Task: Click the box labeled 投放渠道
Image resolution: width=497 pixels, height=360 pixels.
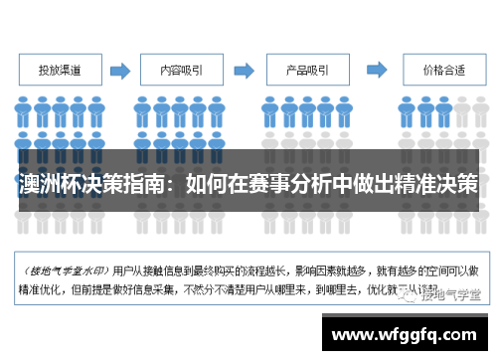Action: (x=61, y=71)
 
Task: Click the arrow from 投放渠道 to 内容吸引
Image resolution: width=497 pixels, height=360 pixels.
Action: (x=121, y=71)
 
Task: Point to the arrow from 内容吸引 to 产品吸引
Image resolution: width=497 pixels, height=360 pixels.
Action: (x=244, y=71)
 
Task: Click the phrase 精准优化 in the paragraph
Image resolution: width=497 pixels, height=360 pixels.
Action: (x=35, y=291)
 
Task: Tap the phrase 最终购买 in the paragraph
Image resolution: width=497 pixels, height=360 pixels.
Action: (x=228, y=269)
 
